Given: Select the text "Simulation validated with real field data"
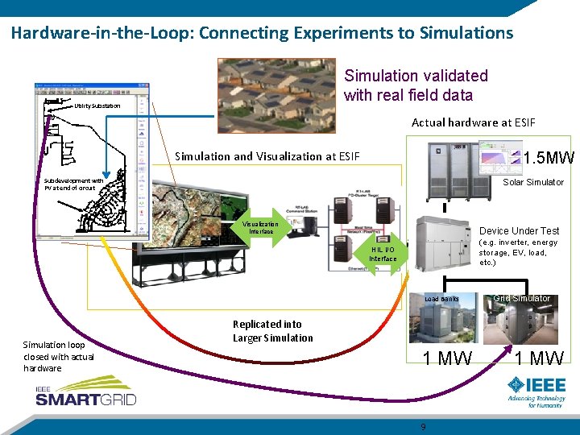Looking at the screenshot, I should [x=416, y=85].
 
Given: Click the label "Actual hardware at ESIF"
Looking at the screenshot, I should [x=472, y=122].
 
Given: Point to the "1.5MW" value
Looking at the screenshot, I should [x=548, y=158].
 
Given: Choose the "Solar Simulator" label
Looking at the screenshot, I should [x=533, y=182].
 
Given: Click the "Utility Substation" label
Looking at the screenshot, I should [x=97, y=106].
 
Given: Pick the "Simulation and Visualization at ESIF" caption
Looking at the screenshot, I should [x=267, y=156].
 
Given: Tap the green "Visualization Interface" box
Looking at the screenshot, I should [x=260, y=228].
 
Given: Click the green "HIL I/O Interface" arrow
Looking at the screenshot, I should [x=383, y=255].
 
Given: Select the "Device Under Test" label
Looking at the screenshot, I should [x=519, y=231].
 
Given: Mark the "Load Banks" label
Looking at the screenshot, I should [x=441, y=299].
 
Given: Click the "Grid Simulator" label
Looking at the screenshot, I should [x=521, y=299].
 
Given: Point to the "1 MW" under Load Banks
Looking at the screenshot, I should [x=448, y=358].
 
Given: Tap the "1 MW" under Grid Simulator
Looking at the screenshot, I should [x=540, y=358].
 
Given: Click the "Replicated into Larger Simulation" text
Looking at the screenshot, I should [x=272, y=330].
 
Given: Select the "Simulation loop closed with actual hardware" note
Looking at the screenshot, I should [x=58, y=356].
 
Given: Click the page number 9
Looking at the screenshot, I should [x=423, y=426].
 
